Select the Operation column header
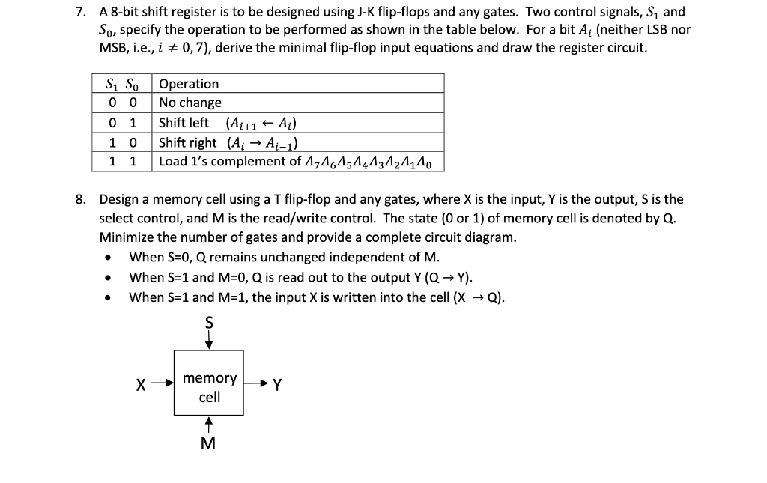click(190, 84)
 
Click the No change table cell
click(191, 103)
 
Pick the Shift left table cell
click(184, 123)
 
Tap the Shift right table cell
click(189, 142)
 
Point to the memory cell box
click(210, 383)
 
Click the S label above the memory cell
click(210, 323)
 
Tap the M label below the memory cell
click(209, 443)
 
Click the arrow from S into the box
click(210, 341)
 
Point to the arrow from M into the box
click(210, 425)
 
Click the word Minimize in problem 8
click(124, 237)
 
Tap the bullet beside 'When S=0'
click(110, 258)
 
